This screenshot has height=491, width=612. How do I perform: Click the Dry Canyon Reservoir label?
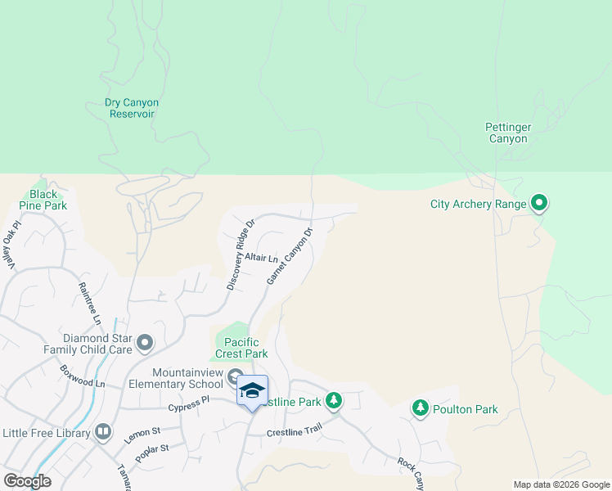[132, 108]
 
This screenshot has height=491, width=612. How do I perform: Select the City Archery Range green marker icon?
[539, 203]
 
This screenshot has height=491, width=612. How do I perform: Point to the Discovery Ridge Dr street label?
[241, 254]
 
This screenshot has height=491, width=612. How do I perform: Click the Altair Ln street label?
[262, 258]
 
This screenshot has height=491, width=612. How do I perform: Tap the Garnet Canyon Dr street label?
[290, 256]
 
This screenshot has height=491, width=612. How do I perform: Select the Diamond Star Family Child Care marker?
[145, 343]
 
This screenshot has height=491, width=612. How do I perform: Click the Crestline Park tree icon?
[333, 401]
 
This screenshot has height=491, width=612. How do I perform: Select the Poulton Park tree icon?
[421, 408]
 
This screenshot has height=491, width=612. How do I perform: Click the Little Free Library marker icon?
[103, 431]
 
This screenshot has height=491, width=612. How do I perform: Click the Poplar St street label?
[152, 452]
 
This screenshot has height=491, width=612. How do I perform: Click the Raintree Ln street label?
[88, 300]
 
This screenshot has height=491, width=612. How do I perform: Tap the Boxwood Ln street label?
[83, 376]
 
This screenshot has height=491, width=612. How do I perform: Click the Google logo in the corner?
[27, 481]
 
